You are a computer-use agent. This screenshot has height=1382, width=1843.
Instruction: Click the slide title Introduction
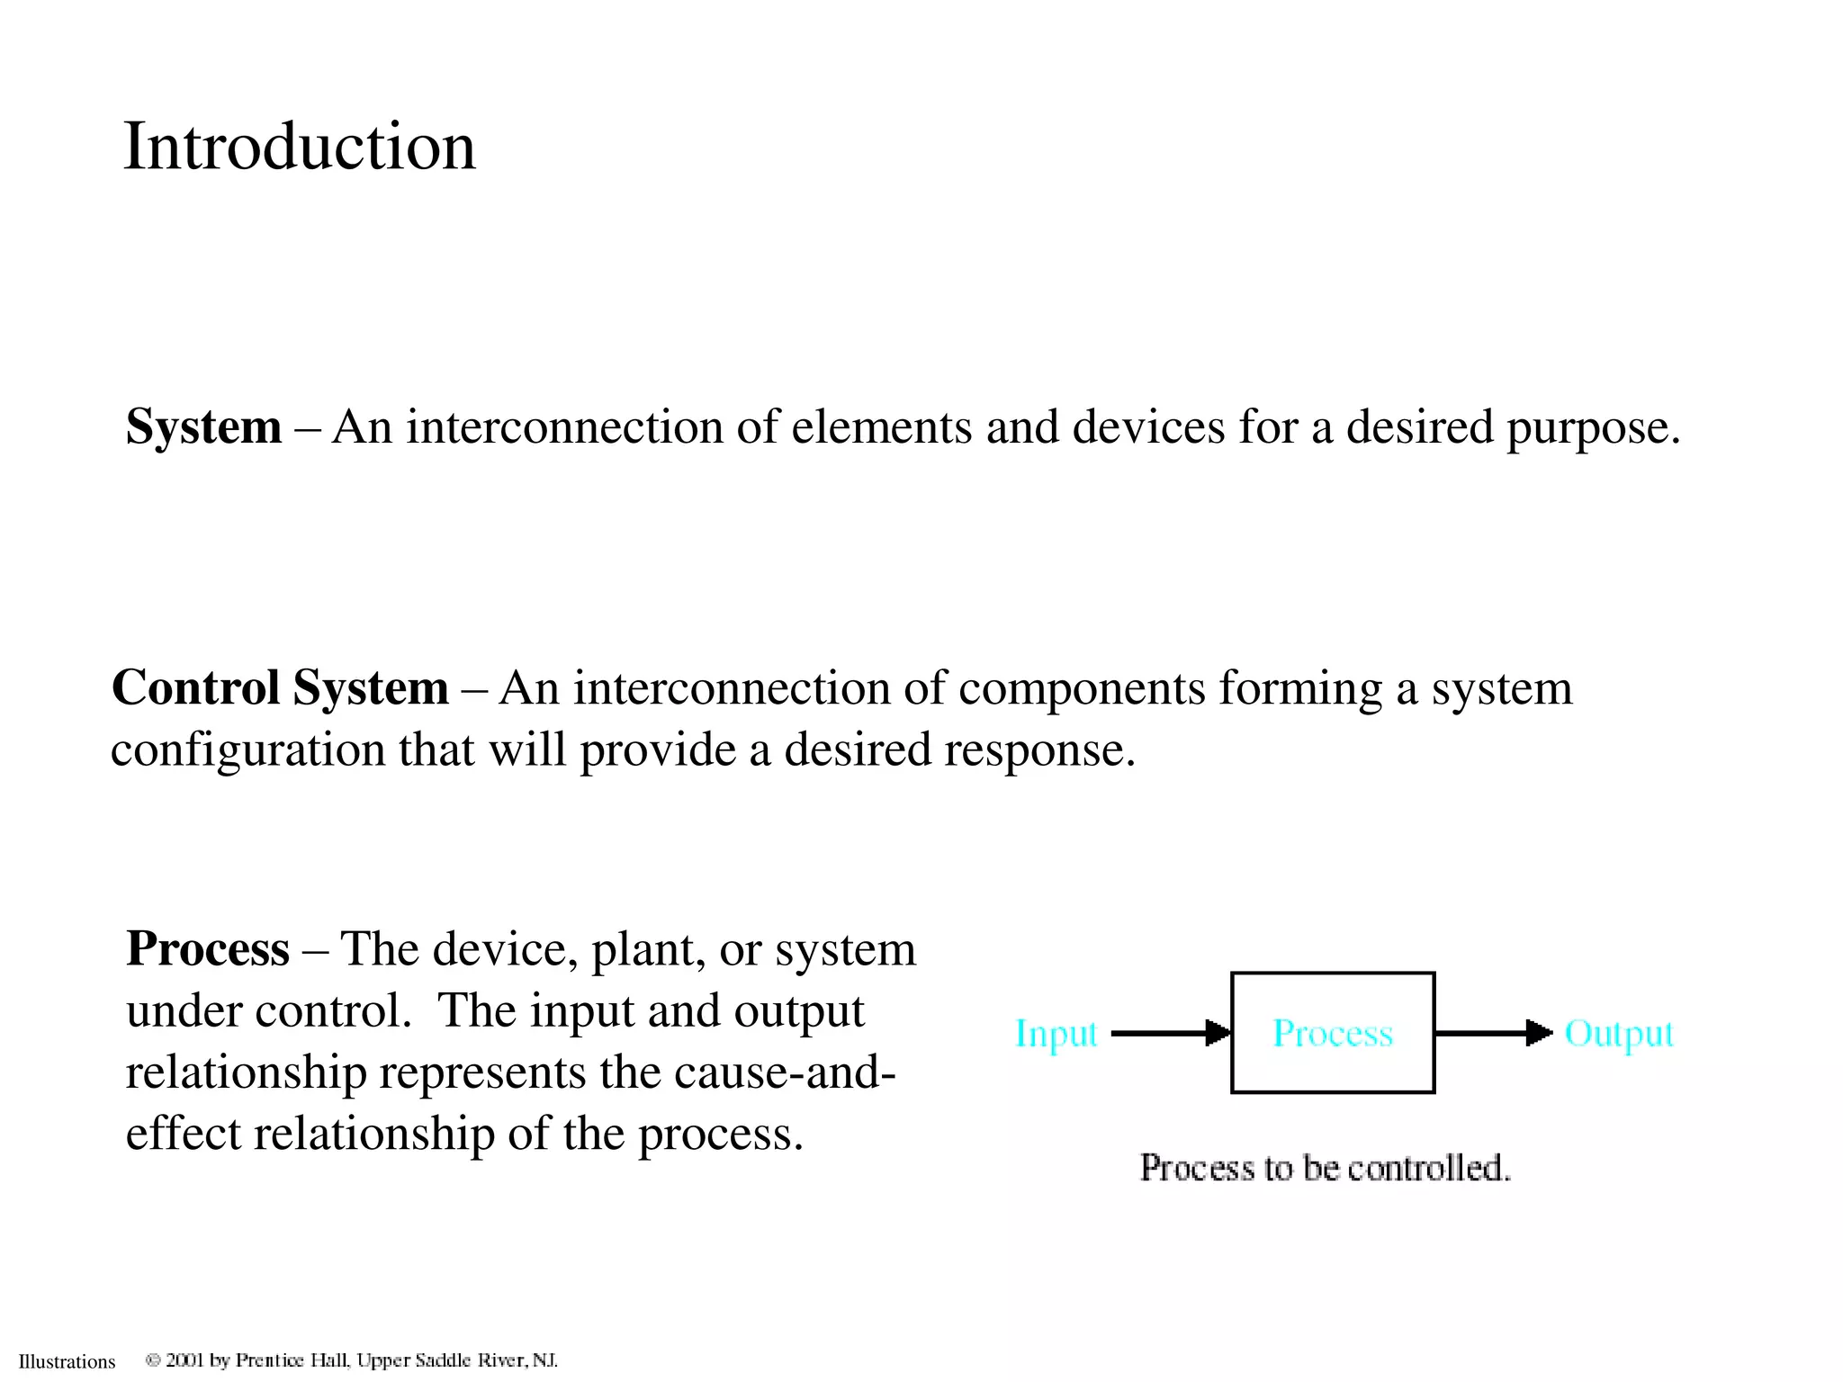pyautogui.click(x=299, y=146)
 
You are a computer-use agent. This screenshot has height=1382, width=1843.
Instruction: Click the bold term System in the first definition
pyautogui.click(x=203, y=426)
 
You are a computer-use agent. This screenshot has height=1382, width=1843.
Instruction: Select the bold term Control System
pyautogui.click(x=280, y=687)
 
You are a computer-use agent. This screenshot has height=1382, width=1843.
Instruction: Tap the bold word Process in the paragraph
pyautogui.click(x=208, y=948)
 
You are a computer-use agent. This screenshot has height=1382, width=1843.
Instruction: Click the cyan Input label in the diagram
pyautogui.click(x=1056, y=1034)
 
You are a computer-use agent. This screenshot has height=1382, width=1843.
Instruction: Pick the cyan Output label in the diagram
pyautogui.click(x=1619, y=1034)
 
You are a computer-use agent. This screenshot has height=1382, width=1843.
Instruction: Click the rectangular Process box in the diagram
pyautogui.click(x=1332, y=1033)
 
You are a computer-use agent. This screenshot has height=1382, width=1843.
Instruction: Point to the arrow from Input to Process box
pyautogui.click(x=1170, y=1033)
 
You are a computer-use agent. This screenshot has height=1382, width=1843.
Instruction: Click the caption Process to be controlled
pyautogui.click(x=1325, y=1168)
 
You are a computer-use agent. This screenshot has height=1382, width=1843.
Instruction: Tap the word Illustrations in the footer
pyautogui.click(x=67, y=1361)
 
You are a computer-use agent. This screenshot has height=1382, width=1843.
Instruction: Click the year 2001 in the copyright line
pyautogui.click(x=185, y=1360)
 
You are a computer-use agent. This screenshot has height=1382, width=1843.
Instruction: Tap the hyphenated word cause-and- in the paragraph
pyautogui.click(x=785, y=1072)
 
